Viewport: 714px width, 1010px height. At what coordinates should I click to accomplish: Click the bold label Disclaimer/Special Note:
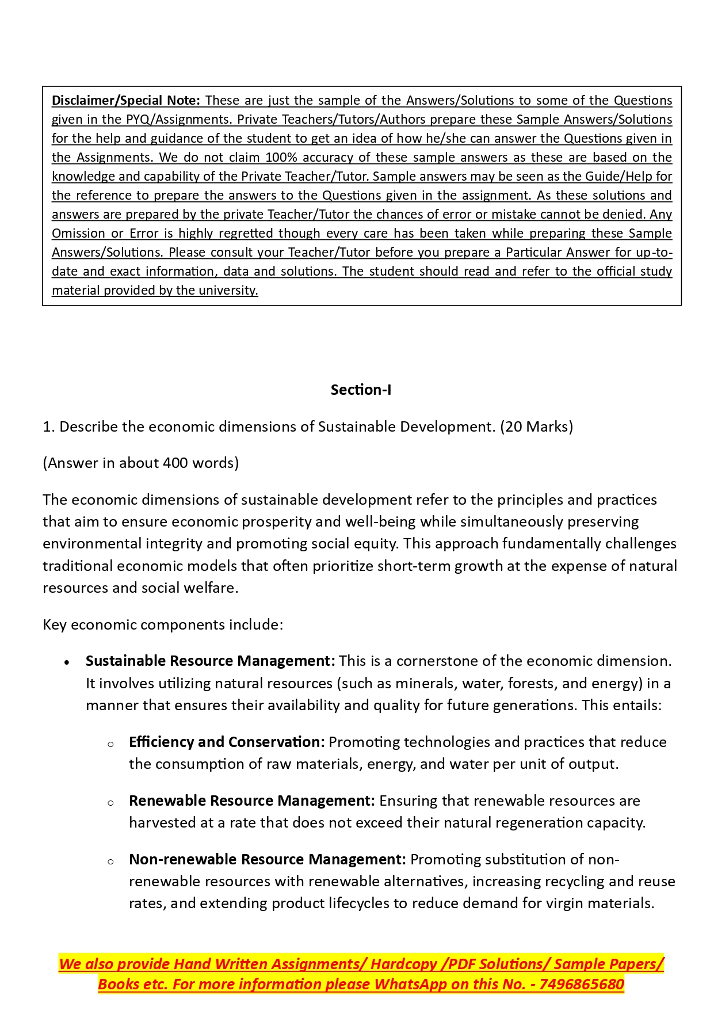pos(125,100)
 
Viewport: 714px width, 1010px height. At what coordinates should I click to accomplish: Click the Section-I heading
pos(361,390)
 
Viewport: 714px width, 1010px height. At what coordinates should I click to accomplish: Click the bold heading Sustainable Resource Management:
pos(210,661)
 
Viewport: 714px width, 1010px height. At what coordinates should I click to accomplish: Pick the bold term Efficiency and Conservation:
pos(227,742)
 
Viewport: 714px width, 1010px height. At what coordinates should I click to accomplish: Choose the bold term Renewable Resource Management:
pos(251,801)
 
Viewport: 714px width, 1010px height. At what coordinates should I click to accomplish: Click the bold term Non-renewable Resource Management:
pos(267,859)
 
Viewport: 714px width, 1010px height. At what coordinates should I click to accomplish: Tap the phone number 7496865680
pos(582,984)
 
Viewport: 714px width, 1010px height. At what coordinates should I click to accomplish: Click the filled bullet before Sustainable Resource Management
pos(67,662)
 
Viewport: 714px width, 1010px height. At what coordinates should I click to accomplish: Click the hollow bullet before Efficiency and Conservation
pos(110,744)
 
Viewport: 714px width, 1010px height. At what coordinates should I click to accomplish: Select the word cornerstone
pos(441,661)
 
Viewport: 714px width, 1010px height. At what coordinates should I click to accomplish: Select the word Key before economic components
pos(55,624)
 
